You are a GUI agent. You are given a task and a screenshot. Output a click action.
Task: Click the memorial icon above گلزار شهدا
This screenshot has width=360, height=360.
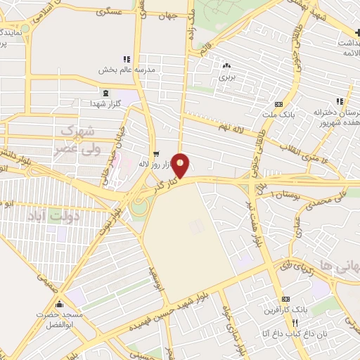pos(105,94)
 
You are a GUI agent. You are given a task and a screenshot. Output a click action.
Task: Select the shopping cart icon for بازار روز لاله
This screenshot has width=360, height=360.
pos(155,153)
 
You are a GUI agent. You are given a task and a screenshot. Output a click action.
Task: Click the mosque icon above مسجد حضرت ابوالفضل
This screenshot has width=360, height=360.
pos(59,304)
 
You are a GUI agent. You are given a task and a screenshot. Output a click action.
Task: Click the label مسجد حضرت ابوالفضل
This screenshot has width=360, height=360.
pos(59,321)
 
